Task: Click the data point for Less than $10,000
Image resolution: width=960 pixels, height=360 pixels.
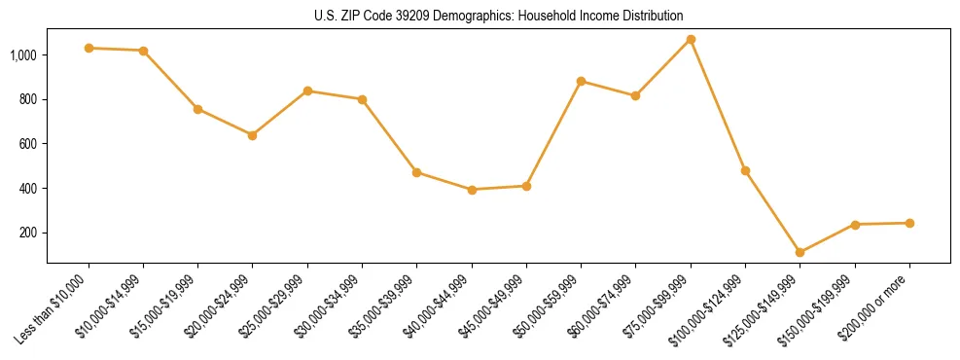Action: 89,48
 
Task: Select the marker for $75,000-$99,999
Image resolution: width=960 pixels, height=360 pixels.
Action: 691,39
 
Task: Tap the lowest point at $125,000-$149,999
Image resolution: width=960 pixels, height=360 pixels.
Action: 800,252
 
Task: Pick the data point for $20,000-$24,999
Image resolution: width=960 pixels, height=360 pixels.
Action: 253,135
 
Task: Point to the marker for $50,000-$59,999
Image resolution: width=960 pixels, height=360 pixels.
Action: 581,81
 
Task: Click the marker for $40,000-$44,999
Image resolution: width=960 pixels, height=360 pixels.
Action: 472,190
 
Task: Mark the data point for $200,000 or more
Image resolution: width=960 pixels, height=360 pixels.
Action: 909,223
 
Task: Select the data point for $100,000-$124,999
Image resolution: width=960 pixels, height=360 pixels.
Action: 745,170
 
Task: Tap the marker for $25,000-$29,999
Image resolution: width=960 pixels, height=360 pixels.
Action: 307,90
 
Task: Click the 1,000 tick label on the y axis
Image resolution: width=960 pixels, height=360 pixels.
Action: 23,55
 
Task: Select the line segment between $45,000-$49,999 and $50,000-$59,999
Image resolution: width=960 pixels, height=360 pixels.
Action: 553,133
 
